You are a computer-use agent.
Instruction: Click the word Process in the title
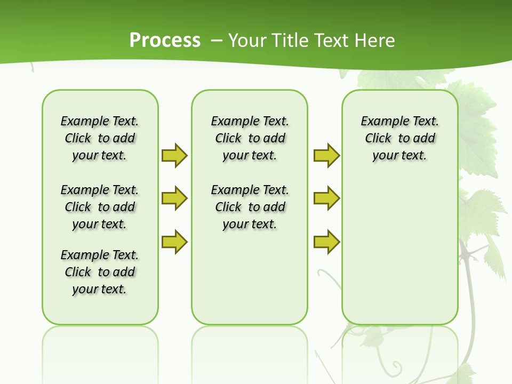tap(165, 41)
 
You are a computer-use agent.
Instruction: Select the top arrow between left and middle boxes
tap(174, 155)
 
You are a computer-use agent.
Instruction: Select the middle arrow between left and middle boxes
tap(174, 198)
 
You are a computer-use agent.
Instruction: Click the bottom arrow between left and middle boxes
tap(174, 242)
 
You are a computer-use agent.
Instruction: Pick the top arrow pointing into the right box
tap(326, 155)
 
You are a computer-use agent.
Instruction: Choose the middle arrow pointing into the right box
tap(326, 198)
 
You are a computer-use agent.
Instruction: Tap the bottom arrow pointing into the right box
tap(326, 242)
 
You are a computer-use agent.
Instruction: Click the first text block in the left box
tap(100, 138)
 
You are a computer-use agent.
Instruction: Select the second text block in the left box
tap(100, 207)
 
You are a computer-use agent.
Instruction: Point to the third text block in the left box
tap(100, 272)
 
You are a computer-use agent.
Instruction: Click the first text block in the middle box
tap(250, 138)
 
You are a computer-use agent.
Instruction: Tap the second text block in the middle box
tap(250, 207)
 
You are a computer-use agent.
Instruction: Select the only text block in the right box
tap(399, 138)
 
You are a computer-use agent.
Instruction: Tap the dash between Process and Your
tap(217, 41)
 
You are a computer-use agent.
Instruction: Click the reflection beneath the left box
tap(100, 347)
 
